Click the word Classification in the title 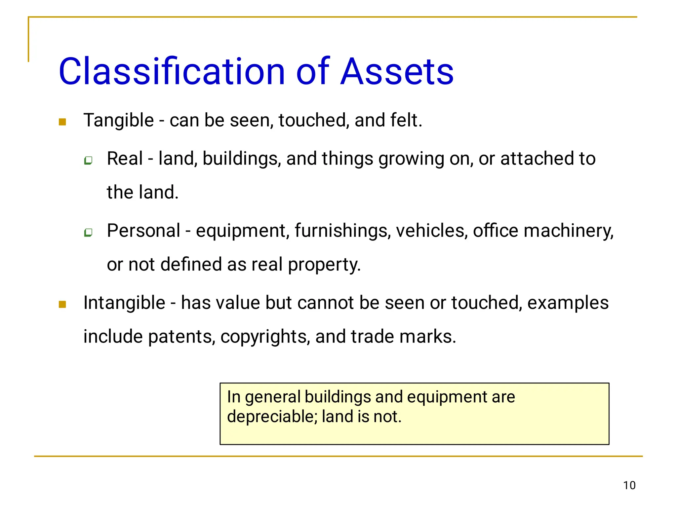tap(172, 71)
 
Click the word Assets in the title tap(397, 71)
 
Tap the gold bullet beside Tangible tap(62, 122)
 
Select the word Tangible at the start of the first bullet tap(119, 120)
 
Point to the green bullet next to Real tap(88, 161)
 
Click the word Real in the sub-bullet tap(125, 159)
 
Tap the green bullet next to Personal tap(88, 233)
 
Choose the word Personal tap(143, 231)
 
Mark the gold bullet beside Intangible tap(62, 304)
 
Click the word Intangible tap(124, 303)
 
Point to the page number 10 tap(629, 486)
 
